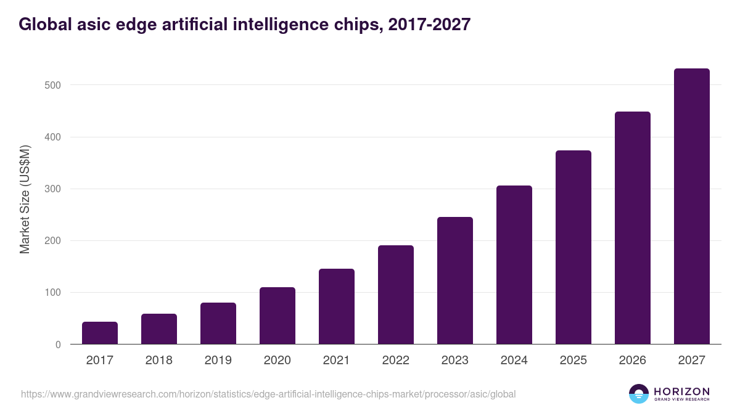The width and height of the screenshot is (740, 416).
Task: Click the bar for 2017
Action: tap(100, 333)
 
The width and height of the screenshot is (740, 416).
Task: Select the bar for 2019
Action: tap(218, 324)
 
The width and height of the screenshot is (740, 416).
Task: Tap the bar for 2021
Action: tap(337, 306)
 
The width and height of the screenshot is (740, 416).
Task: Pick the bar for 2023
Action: tap(455, 280)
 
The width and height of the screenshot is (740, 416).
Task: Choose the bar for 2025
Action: tap(573, 247)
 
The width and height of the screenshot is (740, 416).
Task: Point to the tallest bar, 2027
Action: tap(692, 206)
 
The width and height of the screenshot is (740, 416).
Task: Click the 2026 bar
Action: tap(633, 228)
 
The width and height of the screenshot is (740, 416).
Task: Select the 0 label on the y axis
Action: tap(57, 345)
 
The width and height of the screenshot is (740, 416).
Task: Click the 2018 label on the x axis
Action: tap(159, 361)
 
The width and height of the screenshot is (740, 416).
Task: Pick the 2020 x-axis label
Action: tap(277, 361)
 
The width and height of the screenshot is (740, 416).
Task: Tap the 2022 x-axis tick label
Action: tap(396, 361)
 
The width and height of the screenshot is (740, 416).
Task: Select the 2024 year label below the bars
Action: tap(514, 361)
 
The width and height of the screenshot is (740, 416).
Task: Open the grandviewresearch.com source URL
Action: tap(268, 394)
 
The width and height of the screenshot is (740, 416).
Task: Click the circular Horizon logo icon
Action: tap(639, 394)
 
